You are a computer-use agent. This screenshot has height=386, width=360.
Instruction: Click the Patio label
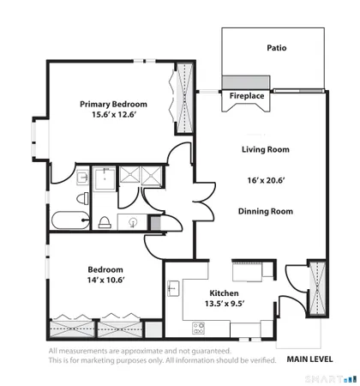(x=275, y=48)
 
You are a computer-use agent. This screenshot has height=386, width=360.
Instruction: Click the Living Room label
(x=265, y=149)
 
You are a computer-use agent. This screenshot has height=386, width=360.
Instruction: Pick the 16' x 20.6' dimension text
(x=265, y=180)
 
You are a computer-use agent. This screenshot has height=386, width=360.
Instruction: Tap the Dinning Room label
(x=265, y=211)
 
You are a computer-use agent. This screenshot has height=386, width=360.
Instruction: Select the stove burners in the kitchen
(x=199, y=327)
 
